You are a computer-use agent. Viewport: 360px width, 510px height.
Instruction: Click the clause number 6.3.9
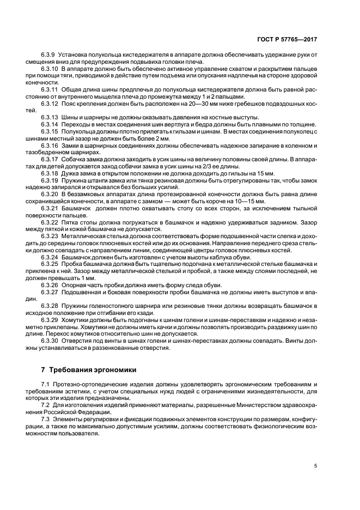pos(48,54)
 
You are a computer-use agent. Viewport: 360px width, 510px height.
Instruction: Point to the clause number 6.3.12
pos(50,103)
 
